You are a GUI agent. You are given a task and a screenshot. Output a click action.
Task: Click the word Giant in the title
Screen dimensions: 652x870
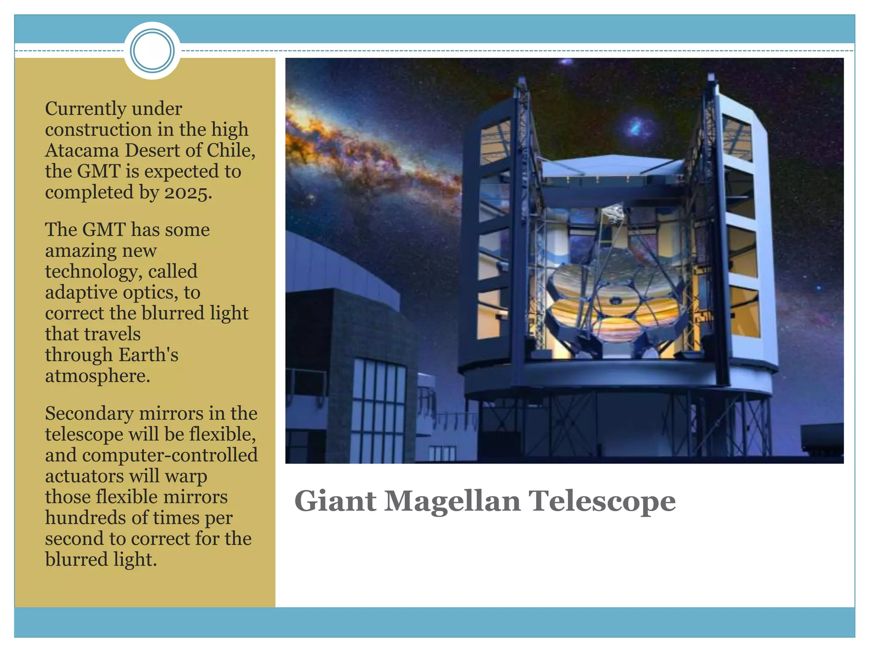pyautogui.click(x=335, y=501)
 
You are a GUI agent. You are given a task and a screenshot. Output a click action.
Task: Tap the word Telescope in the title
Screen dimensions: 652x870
pyautogui.click(x=602, y=502)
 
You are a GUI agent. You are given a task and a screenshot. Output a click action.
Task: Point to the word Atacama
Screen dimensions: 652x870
pyautogui.click(x=82, y=151)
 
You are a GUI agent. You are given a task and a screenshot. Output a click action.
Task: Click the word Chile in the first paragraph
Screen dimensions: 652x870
pyautogui.click(x=230, y=151)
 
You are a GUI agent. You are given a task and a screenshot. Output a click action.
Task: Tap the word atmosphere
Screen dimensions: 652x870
pyautogui.click(x=97, y=376)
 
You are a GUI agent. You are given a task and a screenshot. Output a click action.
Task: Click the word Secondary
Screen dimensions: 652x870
pyautogui.click(x=89, y=414)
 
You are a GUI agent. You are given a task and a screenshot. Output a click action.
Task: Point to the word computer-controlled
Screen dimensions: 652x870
pyautogui.click(x=170, y=455)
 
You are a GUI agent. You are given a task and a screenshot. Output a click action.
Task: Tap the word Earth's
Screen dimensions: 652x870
pyautogui.click(x=148, y=355)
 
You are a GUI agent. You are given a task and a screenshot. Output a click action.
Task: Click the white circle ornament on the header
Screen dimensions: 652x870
pyautogui.click(x=152, y=51)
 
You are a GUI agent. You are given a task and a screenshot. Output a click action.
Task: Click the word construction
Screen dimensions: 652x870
pyautogui.click(x=98, y=130)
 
